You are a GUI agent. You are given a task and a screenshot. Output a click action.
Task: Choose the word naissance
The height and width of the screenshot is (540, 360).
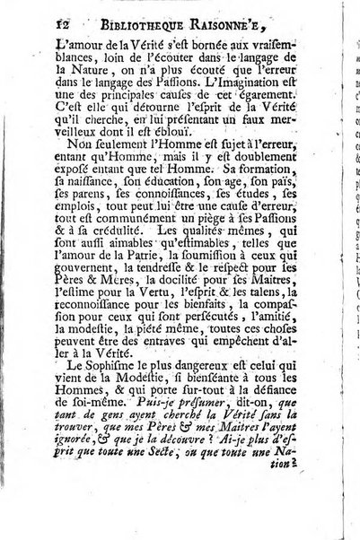(x=60, y=220)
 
